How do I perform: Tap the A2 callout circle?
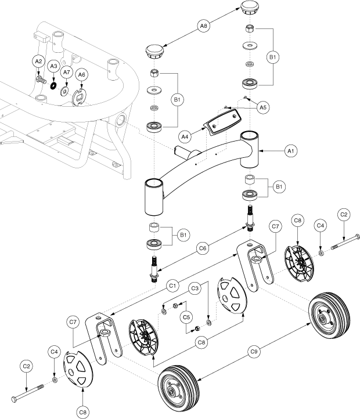pyautogui.click(x=38, y=61)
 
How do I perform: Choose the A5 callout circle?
pyautogui.click(x=263, y=107)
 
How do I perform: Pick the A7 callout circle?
pyautogui.click(x=67, y=72)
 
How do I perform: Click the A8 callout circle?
pyautogui.click(x=203, y=26)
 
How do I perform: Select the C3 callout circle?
pyautogui.click(x=196, y=287)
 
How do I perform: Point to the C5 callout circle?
pyautogui.click(x=186, y=317)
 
